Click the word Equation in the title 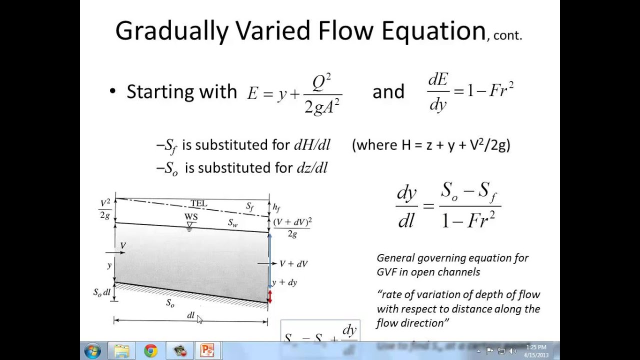[x=433, y=31]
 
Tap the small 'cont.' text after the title [x=507, y=35]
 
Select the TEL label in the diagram [x=198, y=203]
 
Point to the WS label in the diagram [x=190, y=216]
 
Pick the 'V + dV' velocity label [x=293, y=263]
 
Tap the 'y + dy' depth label [x=285, y=282]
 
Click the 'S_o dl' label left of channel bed [x=102, y=292]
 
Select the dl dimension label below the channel [x=190, y=315]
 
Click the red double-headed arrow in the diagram [x=270, y=296]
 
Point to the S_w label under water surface [x=232, y=223]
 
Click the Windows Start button [x=92, y=351]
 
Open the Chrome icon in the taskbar [x=150, y=351]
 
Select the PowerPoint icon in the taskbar [x=207, y=351]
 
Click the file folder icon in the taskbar [x=121, y=351]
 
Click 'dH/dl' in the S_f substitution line [x=312, y=145]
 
